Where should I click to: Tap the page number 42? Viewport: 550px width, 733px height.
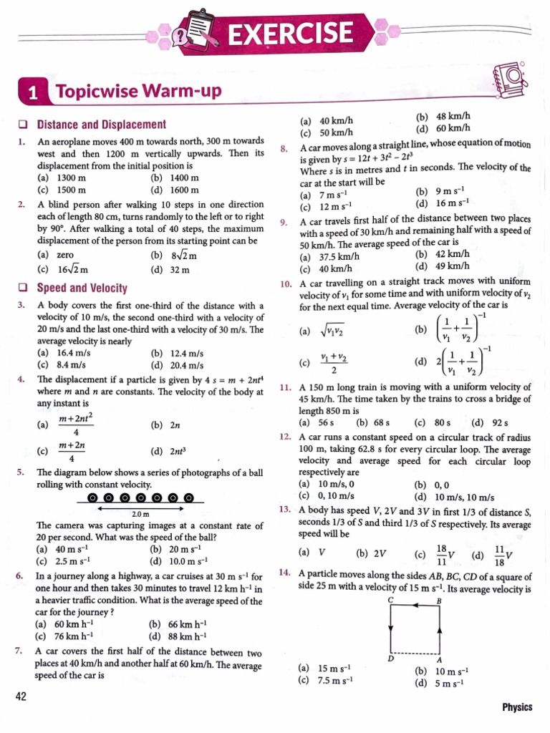21,696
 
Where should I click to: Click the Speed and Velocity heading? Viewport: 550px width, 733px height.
82,288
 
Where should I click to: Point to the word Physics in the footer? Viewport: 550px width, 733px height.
517,707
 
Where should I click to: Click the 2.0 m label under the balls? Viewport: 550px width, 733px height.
140,514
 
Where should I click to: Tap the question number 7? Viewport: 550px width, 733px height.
19,651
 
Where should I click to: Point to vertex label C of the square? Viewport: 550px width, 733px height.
390,600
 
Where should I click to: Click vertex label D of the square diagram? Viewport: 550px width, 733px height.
390,658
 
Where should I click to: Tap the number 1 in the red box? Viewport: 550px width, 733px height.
32,93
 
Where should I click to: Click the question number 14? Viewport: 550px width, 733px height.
284,573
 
